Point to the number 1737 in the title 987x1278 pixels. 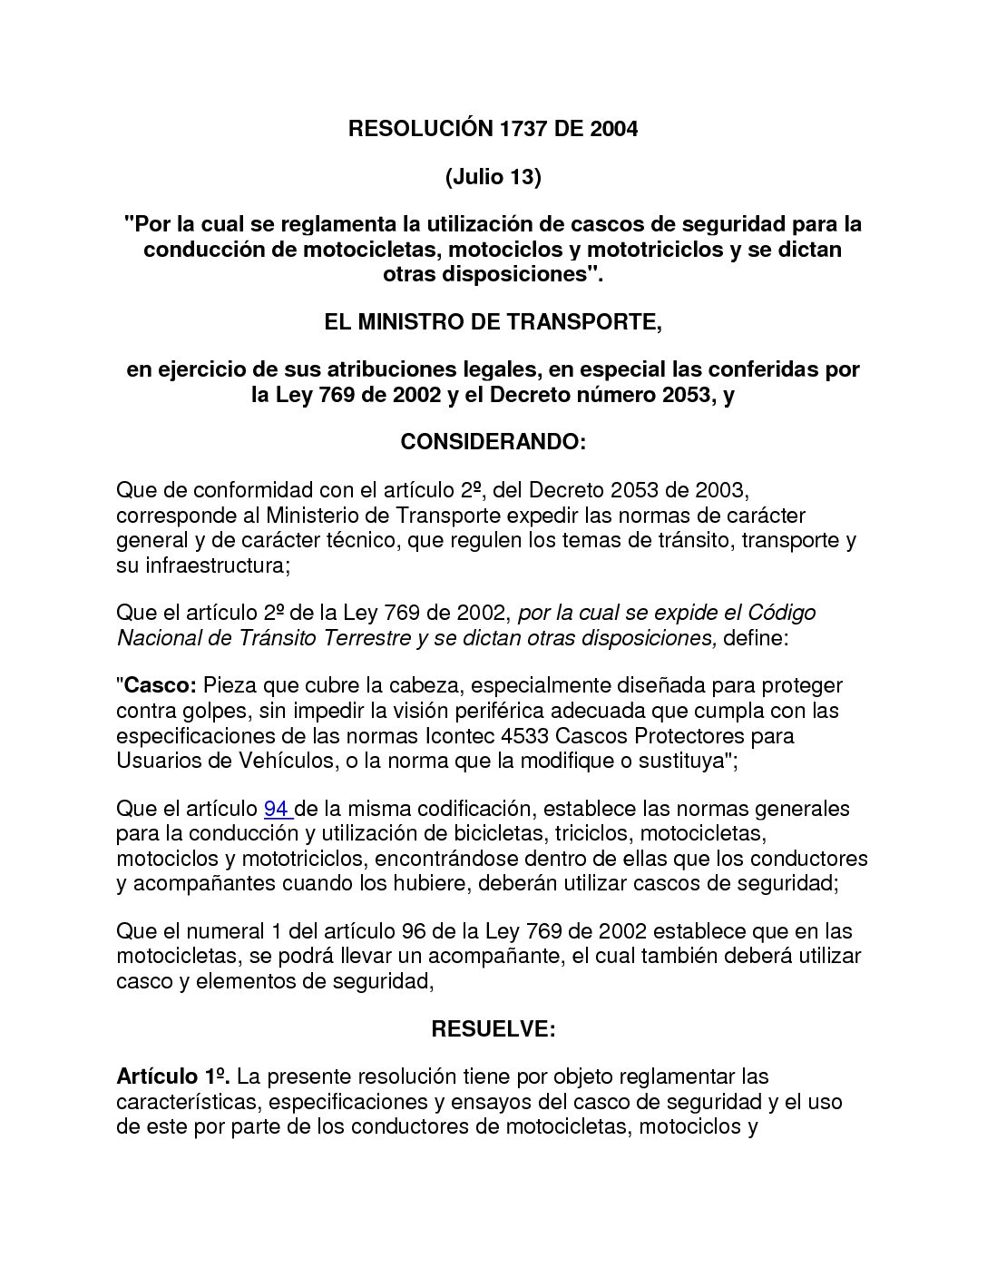click(523, 129)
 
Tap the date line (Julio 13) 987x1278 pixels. click(493, 176)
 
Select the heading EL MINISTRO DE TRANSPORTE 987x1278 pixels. click(493, 322)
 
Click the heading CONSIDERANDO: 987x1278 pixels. click(493, 442)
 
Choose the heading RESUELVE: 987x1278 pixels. click(493, 1028)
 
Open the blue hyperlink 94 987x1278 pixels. click(277, 809)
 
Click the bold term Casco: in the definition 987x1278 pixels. click(160, 685)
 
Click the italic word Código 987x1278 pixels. click(781, 613)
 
